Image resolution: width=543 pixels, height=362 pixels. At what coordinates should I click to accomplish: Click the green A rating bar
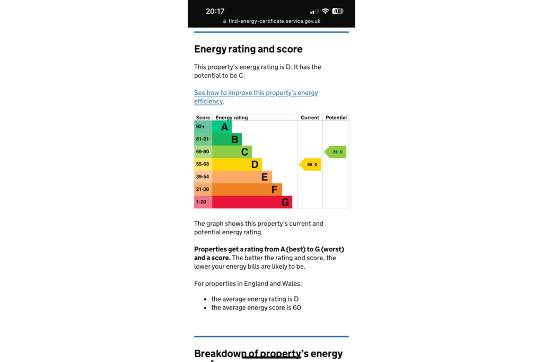tap(222, 127)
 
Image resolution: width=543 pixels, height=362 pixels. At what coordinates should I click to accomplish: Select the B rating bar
tap(227, 139)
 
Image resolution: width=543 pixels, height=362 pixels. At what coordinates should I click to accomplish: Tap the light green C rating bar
tap(232, 152)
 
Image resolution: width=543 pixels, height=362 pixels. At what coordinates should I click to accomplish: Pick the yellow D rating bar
tap(237, 165)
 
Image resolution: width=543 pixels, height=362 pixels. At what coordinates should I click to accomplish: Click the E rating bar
tap(242, 177)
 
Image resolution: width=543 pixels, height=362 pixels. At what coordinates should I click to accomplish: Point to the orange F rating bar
tap(247, 190)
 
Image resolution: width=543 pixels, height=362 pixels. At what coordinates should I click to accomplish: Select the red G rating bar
tap(252, 202)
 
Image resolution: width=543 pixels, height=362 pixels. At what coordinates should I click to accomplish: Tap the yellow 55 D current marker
tap(311, 165)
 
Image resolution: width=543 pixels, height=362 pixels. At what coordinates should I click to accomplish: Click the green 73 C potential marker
tap(336, 152)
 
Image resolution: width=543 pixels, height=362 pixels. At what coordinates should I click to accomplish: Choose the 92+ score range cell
tap(203, 127)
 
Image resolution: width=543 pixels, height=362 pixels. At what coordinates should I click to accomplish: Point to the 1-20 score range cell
tap(203, 202)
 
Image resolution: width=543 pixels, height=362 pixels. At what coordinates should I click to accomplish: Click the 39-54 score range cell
tap(203, 177)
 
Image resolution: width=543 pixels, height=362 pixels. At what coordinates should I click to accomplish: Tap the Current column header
tap(310, 118)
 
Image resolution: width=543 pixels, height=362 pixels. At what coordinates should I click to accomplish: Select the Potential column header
tap(336, 118)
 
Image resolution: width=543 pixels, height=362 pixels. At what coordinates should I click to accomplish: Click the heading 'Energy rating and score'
tap(248, 49)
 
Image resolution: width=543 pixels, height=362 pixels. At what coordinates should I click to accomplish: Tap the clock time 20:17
tap(215, 11)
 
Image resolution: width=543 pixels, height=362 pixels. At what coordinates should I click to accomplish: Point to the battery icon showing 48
tap(338, 11)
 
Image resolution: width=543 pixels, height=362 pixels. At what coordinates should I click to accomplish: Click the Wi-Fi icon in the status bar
tap(325, 11)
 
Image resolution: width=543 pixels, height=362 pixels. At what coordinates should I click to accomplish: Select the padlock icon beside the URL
tap(225, 22)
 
